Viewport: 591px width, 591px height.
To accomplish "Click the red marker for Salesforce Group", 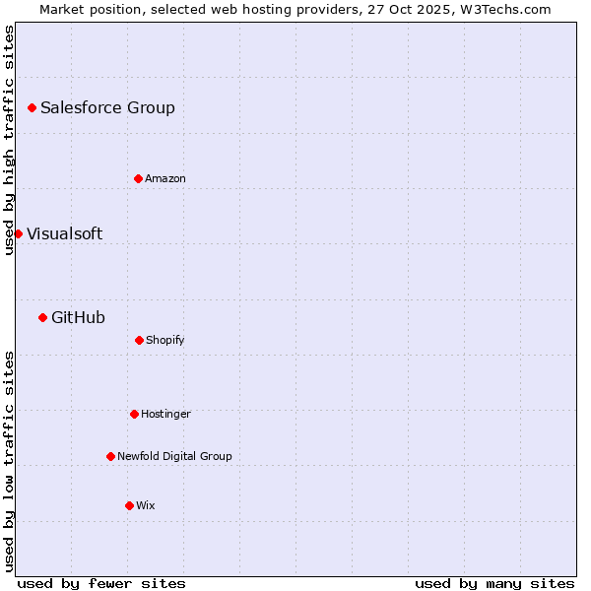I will tap(32, 107).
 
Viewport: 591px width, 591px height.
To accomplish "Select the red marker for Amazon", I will tap(138, 178).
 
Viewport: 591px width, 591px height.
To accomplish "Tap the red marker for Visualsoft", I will tap(18, 233).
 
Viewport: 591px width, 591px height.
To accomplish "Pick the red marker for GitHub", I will tap(42, 317).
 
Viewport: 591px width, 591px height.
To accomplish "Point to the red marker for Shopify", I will tap(139, 340).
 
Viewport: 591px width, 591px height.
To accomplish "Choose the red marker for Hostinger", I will tap(134, 414).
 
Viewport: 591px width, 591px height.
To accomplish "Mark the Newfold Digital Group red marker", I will tap(110, 456).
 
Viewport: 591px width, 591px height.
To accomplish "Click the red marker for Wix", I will tap(129, 505).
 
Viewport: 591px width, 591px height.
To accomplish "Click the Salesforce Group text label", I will tap(107, 107).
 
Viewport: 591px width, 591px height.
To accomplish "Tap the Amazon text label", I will tap(165, 178).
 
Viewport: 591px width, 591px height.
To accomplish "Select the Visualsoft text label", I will tap(64, 233).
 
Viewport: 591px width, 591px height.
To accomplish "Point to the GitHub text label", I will tap(78, 317).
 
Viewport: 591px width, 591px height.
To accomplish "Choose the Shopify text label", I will tap(165, 340).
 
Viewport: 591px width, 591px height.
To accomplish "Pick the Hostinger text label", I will tap(165, 414).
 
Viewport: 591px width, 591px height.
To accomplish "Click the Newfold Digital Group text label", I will tap(174, 456).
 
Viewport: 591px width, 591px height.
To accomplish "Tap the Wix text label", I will tap(146, 505).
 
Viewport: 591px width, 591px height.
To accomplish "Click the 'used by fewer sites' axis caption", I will tap(101, 583).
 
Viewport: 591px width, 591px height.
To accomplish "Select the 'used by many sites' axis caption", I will tap(494, 583).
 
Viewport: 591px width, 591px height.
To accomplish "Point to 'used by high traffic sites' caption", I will tap(9, 140).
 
